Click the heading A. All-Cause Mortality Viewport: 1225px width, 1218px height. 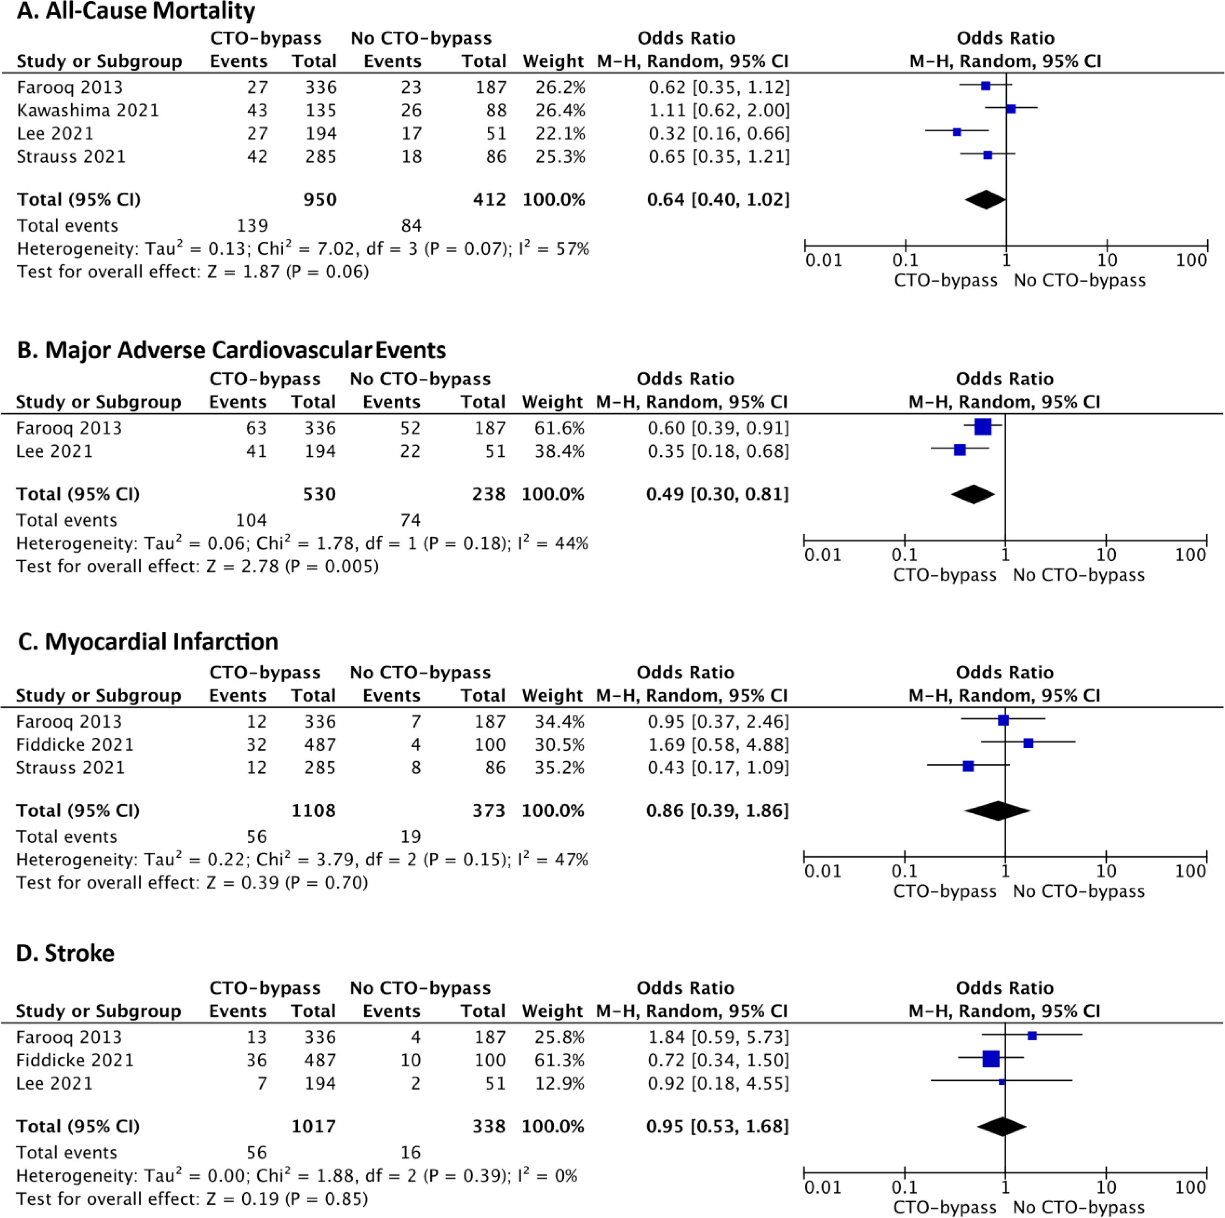coord(136,12)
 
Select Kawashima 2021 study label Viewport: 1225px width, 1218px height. coord(87,110)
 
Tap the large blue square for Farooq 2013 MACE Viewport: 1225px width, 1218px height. coord(983,427)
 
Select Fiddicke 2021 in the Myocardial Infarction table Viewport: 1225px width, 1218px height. coord(75,744)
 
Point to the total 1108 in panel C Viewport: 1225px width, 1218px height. coord(313,810)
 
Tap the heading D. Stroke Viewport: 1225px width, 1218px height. coord(65,953)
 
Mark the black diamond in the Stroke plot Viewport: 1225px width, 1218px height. coord(1002,1127)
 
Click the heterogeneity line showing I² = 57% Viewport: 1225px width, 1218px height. coord(303,249)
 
